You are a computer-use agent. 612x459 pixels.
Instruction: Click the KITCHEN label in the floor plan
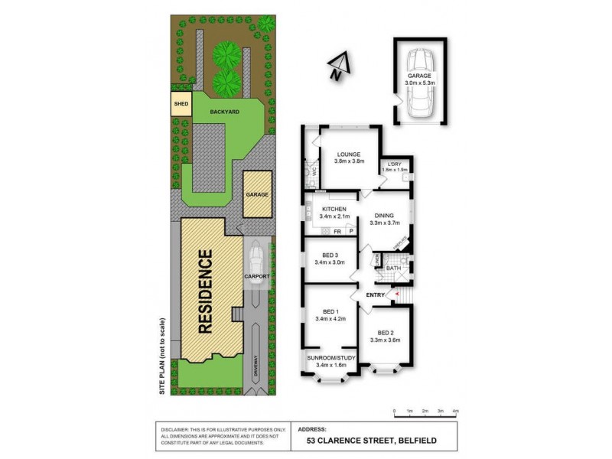point(334,209)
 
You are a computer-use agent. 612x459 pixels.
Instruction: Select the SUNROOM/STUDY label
point(330,357)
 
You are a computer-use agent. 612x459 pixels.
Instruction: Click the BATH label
point(393,269)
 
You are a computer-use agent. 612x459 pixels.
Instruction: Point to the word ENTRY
point(376,295)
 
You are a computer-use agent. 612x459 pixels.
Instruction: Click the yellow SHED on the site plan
point(181,103)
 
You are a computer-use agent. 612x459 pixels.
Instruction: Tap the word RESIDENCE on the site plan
point(205,291)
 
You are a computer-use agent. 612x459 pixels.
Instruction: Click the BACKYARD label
point(226,112)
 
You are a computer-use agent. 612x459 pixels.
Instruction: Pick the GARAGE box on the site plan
point(257,194)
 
